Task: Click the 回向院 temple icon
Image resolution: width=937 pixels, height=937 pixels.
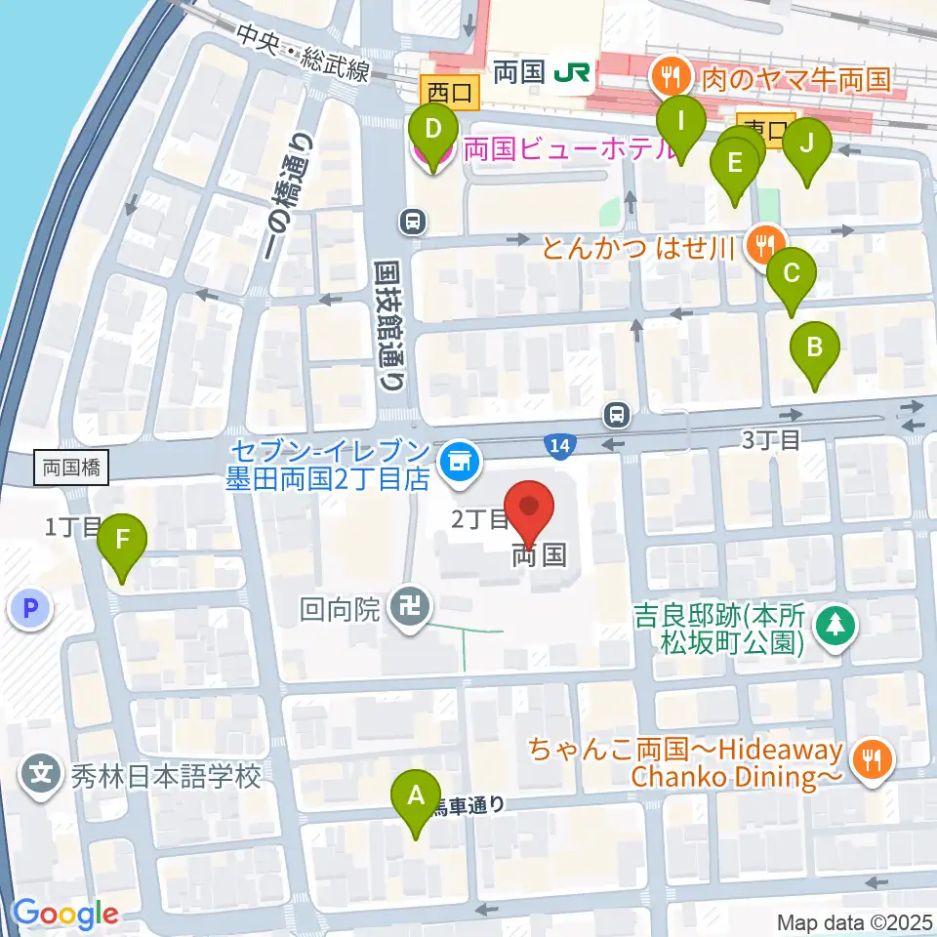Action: [x=404, y=611]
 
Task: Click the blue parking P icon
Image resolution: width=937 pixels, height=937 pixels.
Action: [x=30, y=610]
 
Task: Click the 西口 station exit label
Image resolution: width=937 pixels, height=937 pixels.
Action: [x=449, y=93]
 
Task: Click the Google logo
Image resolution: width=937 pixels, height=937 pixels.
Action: [x=64, y=914]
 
